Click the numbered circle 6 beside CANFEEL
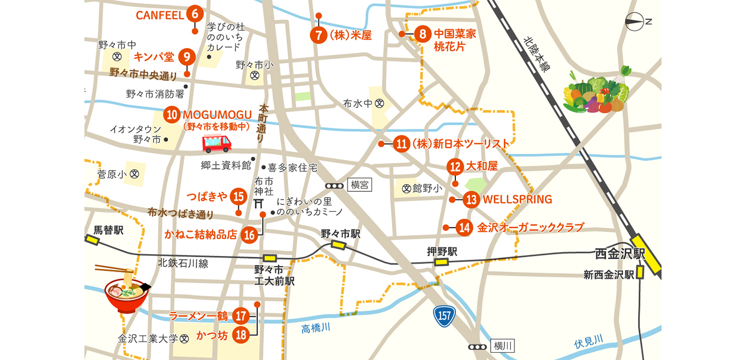(194, 14)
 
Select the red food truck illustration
(217, 143)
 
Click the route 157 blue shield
(443, 316)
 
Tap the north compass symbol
(634, 22)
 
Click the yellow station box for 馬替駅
(93, 240)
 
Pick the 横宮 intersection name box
(359, 186)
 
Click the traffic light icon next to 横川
(477, 347)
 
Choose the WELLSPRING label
(517, 199)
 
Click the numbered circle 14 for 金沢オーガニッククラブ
(464, 227)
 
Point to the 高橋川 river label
(315, 328)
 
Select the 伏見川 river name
(588, 341)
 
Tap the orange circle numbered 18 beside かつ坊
(240, 335)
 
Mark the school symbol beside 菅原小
(134, 174)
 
